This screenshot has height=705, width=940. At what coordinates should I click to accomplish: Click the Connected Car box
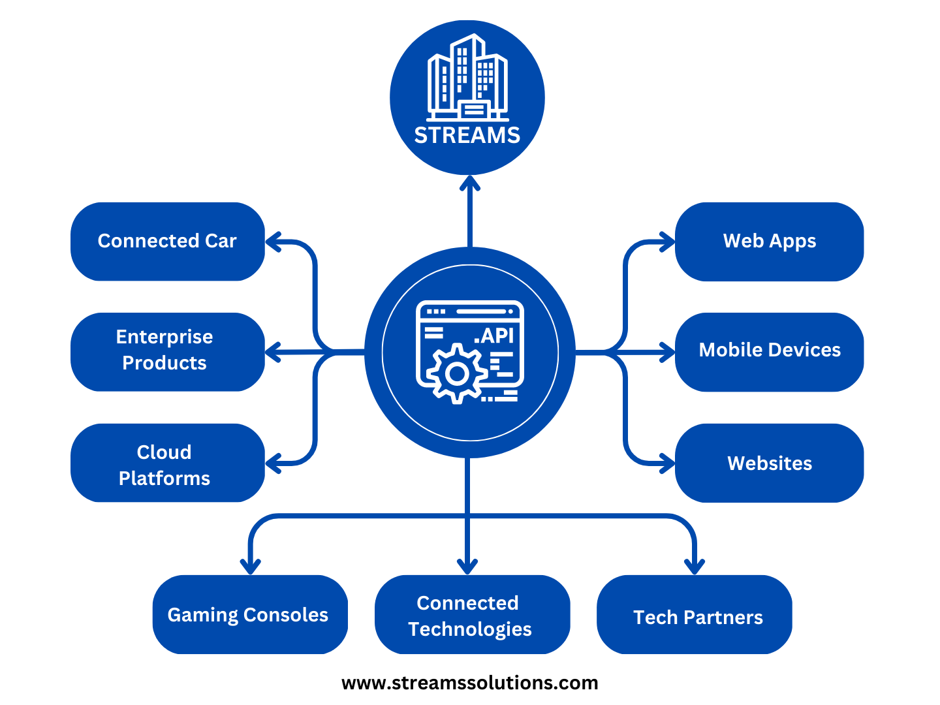[167, 241]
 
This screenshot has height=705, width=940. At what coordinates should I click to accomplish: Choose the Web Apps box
[769, 241]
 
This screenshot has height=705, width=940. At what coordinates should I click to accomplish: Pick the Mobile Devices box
[769, 351]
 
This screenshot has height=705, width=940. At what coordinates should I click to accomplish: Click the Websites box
[769, 463]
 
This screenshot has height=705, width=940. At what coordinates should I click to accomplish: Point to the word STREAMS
[467, 135]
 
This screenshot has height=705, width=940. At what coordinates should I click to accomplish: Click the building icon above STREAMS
[467, 77]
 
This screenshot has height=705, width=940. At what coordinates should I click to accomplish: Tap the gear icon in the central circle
[457, 374]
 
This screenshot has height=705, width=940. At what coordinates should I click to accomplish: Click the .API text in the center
[495, 336]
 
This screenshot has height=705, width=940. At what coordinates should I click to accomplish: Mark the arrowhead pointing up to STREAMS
[469, 183]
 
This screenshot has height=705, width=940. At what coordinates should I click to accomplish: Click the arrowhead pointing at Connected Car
[273, 242]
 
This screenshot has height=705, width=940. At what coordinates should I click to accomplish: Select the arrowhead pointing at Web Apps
[667, 242]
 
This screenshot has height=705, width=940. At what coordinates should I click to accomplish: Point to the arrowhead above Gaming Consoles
[251, 566]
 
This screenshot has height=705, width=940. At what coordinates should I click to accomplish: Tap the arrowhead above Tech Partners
[694, 566]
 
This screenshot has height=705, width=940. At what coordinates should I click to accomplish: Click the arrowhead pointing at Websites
[667, 463]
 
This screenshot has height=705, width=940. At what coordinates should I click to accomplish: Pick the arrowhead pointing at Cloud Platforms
[273, 463]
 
